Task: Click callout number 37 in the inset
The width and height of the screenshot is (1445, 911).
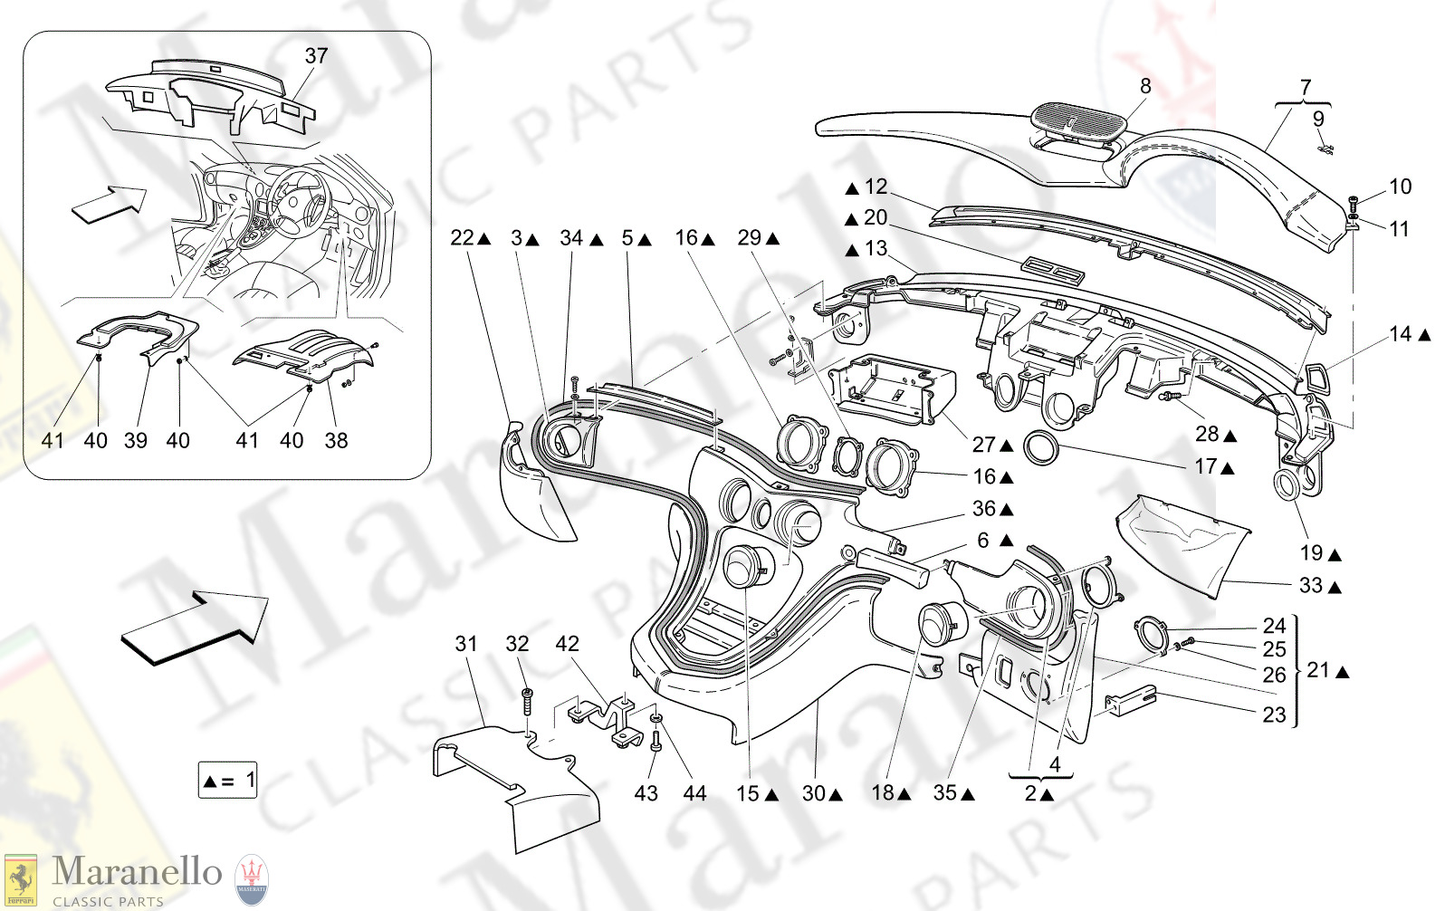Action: pyautogui.click(x=316, y=56)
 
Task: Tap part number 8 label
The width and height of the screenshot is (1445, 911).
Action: pyautogui.click(x=1145, y=86)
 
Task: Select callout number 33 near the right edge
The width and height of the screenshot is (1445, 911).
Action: pyautogui.click(x=1311, y=586)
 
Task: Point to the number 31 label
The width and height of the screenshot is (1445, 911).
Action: pyautogui.click(x=466, y=644)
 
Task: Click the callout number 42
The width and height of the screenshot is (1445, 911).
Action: pyautogui.click(x=567, y=644)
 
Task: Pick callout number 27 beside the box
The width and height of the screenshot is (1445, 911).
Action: pyautogui.click(x=984, y=445)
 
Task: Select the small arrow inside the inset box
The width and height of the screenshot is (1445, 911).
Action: pyautogui.click(x=109, y=203)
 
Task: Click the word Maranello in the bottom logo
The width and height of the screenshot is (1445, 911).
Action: pyautogui.click(x=137, y=871)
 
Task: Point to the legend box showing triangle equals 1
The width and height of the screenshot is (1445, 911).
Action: pyautogui.click(x=228, y=780)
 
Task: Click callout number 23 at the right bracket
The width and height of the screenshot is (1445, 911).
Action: pyautogui.click(x=1275, y=715)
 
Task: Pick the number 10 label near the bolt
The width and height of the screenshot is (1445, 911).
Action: pyautogui.click(x=1400, y=187)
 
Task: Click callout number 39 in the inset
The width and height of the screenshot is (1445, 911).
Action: pyautogui.click(x=136, y=441)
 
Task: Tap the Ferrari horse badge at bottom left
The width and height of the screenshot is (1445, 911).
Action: pyautogui.click(x=20, y=879)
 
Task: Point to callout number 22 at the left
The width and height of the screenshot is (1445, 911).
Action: pyautogui.click(x=462, y=238)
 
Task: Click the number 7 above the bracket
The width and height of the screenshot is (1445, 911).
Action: pyautogui.click(x=1305, y=88)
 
